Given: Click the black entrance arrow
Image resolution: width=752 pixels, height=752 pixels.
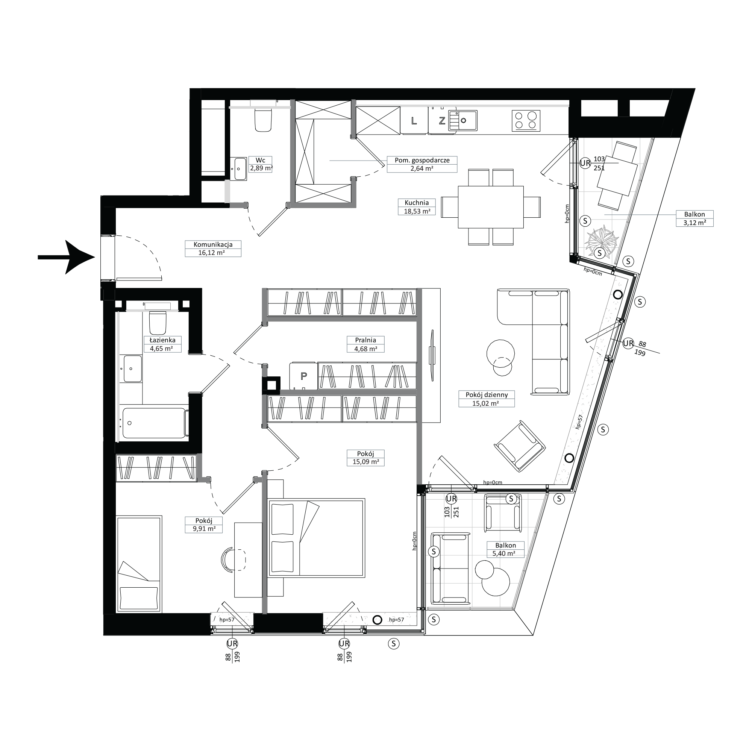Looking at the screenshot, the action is [x=66, y=257].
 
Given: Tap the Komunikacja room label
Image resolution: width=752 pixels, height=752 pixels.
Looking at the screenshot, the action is [x=213, y=244].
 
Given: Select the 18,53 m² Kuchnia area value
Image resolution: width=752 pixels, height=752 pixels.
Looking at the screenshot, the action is [x=417, y=211].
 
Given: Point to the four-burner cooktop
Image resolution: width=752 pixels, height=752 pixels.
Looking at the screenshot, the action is [x=526, y=121].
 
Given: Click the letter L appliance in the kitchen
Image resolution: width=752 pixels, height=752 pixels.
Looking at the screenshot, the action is [x=414, y=121].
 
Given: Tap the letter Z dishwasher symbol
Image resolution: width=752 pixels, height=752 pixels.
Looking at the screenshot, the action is [x=442, y=121].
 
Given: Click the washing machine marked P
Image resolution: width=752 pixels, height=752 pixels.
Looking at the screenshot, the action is [x=303, y=376].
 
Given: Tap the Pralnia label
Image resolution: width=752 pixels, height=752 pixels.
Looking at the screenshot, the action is [x=365, y=340].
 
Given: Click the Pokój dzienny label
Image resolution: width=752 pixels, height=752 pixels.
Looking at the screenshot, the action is [x=487, y=395].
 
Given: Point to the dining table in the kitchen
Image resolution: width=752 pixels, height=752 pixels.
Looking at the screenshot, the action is [x=491, y=207].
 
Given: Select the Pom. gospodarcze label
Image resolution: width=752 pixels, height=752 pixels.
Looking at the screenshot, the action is [x=422, y=160].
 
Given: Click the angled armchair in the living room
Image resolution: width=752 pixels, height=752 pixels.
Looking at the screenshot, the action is [x=520, y=446].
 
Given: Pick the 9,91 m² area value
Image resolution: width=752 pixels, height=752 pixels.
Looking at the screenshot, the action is [x=204, y=529].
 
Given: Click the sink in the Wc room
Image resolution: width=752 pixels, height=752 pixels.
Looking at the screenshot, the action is [x=238, y=169].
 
